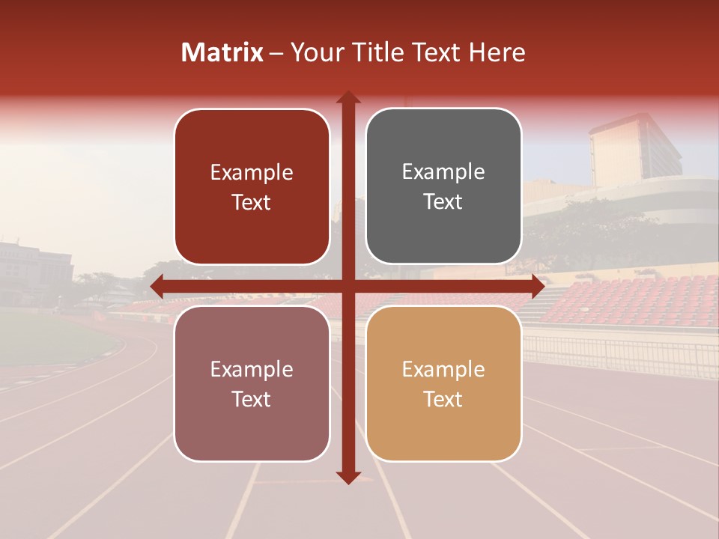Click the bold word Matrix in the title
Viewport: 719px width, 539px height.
click(222, 52)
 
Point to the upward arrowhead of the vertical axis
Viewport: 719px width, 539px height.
click(348, 98)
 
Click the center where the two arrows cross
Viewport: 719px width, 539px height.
click(348, 286)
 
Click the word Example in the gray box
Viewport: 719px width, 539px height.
click(443, 172)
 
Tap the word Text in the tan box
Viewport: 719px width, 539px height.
click(443, 400)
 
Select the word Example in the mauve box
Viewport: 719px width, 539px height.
click(252, 370)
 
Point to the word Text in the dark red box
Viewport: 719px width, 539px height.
click(252, 202)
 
